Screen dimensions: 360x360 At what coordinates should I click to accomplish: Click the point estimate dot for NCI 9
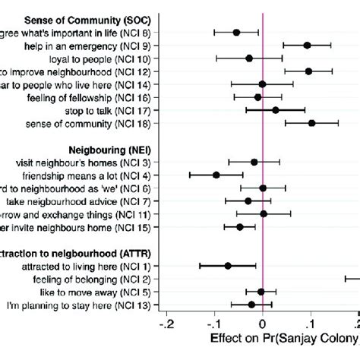click(x=307, y=45)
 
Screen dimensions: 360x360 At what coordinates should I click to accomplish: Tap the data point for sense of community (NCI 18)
click(x=311, y=122)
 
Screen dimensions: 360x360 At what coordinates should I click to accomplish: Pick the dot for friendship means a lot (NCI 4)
click(x=216, y=175)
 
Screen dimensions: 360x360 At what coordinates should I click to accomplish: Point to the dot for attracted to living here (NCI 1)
click(x=228, y=265)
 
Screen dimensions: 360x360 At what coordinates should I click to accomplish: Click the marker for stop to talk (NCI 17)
click(x=276, y=110)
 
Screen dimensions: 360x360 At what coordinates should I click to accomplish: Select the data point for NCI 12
click(x=308, y=71)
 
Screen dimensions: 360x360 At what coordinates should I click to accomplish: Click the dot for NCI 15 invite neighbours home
click(x=239, y=226)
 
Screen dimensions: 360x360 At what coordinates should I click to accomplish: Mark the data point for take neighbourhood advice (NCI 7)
click(x=248, y=201)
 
